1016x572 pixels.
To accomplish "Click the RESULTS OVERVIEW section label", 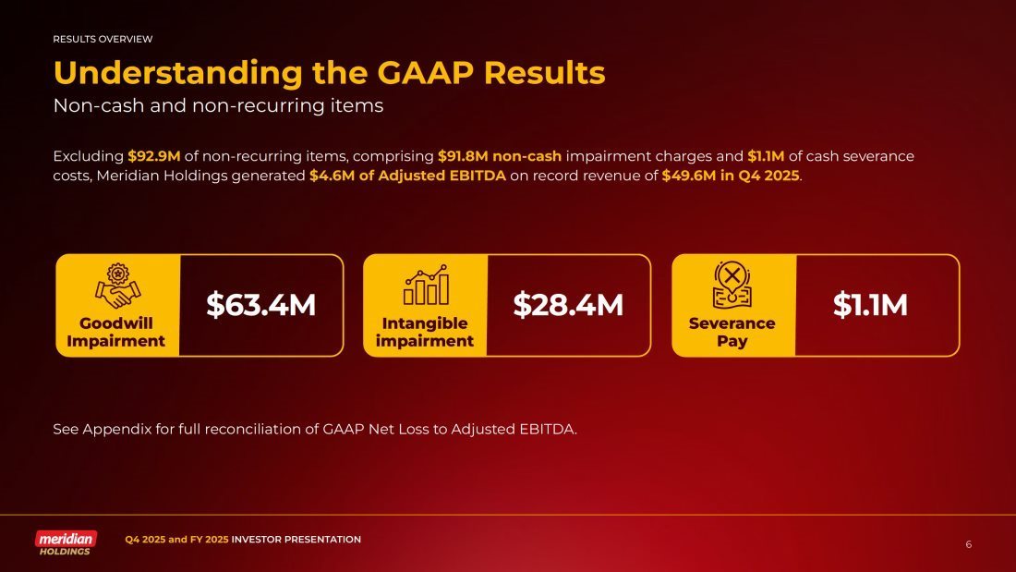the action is (x=103, y=39).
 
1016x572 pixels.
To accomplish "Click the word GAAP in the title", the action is (x=426, y=73).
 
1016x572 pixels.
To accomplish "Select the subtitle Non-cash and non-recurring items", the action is (x=218, y=105).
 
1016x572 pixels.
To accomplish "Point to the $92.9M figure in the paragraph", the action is (x=153, y=156).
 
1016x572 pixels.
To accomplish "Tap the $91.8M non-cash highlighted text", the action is (x=500, y=156).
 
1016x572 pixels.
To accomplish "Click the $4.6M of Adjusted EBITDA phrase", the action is (x=407, y=176).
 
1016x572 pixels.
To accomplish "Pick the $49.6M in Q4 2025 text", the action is (x=731, y=176).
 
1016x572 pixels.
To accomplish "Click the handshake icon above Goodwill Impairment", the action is (x=117, y=286).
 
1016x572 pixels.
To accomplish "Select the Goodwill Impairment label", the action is (x=116, y=332).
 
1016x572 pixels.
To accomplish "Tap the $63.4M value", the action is (x=261, y=305).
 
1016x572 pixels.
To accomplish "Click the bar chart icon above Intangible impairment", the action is (x=426, y=285).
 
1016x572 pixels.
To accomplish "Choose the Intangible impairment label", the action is (x=425, y=332).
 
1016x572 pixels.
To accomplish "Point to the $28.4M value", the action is (x=568, y=305).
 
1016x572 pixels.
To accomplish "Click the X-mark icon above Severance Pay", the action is (x=732, y=285).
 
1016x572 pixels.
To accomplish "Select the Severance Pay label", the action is (x=732, y=332).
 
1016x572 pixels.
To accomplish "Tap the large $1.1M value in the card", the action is (x=870, y=305).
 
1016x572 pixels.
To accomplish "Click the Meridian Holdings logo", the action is (x=66, y=542).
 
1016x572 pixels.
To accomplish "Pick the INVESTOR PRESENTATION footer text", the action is (x=296, y=540).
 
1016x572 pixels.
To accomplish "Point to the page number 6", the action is (x=969, y=544).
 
